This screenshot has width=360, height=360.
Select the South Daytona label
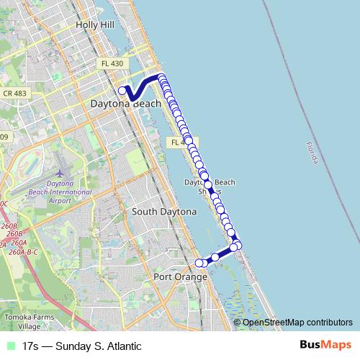(163, 212)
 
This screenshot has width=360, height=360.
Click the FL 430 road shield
(112, 64)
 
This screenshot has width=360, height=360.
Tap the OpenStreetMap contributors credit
(297, 323)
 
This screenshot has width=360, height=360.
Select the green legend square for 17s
(9, 346)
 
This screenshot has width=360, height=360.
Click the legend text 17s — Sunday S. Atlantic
(81, 346)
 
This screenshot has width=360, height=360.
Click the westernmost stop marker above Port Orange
(199, 263)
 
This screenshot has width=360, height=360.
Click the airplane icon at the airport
(60, 173)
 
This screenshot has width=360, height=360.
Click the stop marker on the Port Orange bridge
(215, 257)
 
